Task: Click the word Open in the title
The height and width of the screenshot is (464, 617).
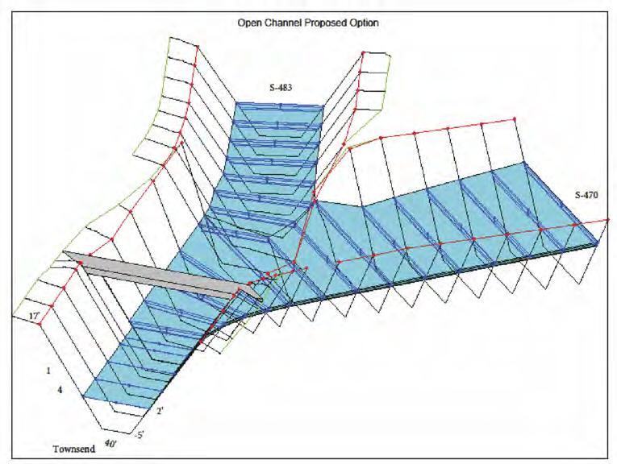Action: (x=248, y=23)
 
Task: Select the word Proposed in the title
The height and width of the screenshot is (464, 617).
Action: (x=325, y=23)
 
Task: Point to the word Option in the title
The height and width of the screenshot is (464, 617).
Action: (x=365, y=23)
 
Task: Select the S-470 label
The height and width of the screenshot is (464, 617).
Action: (x=586, y=195)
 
